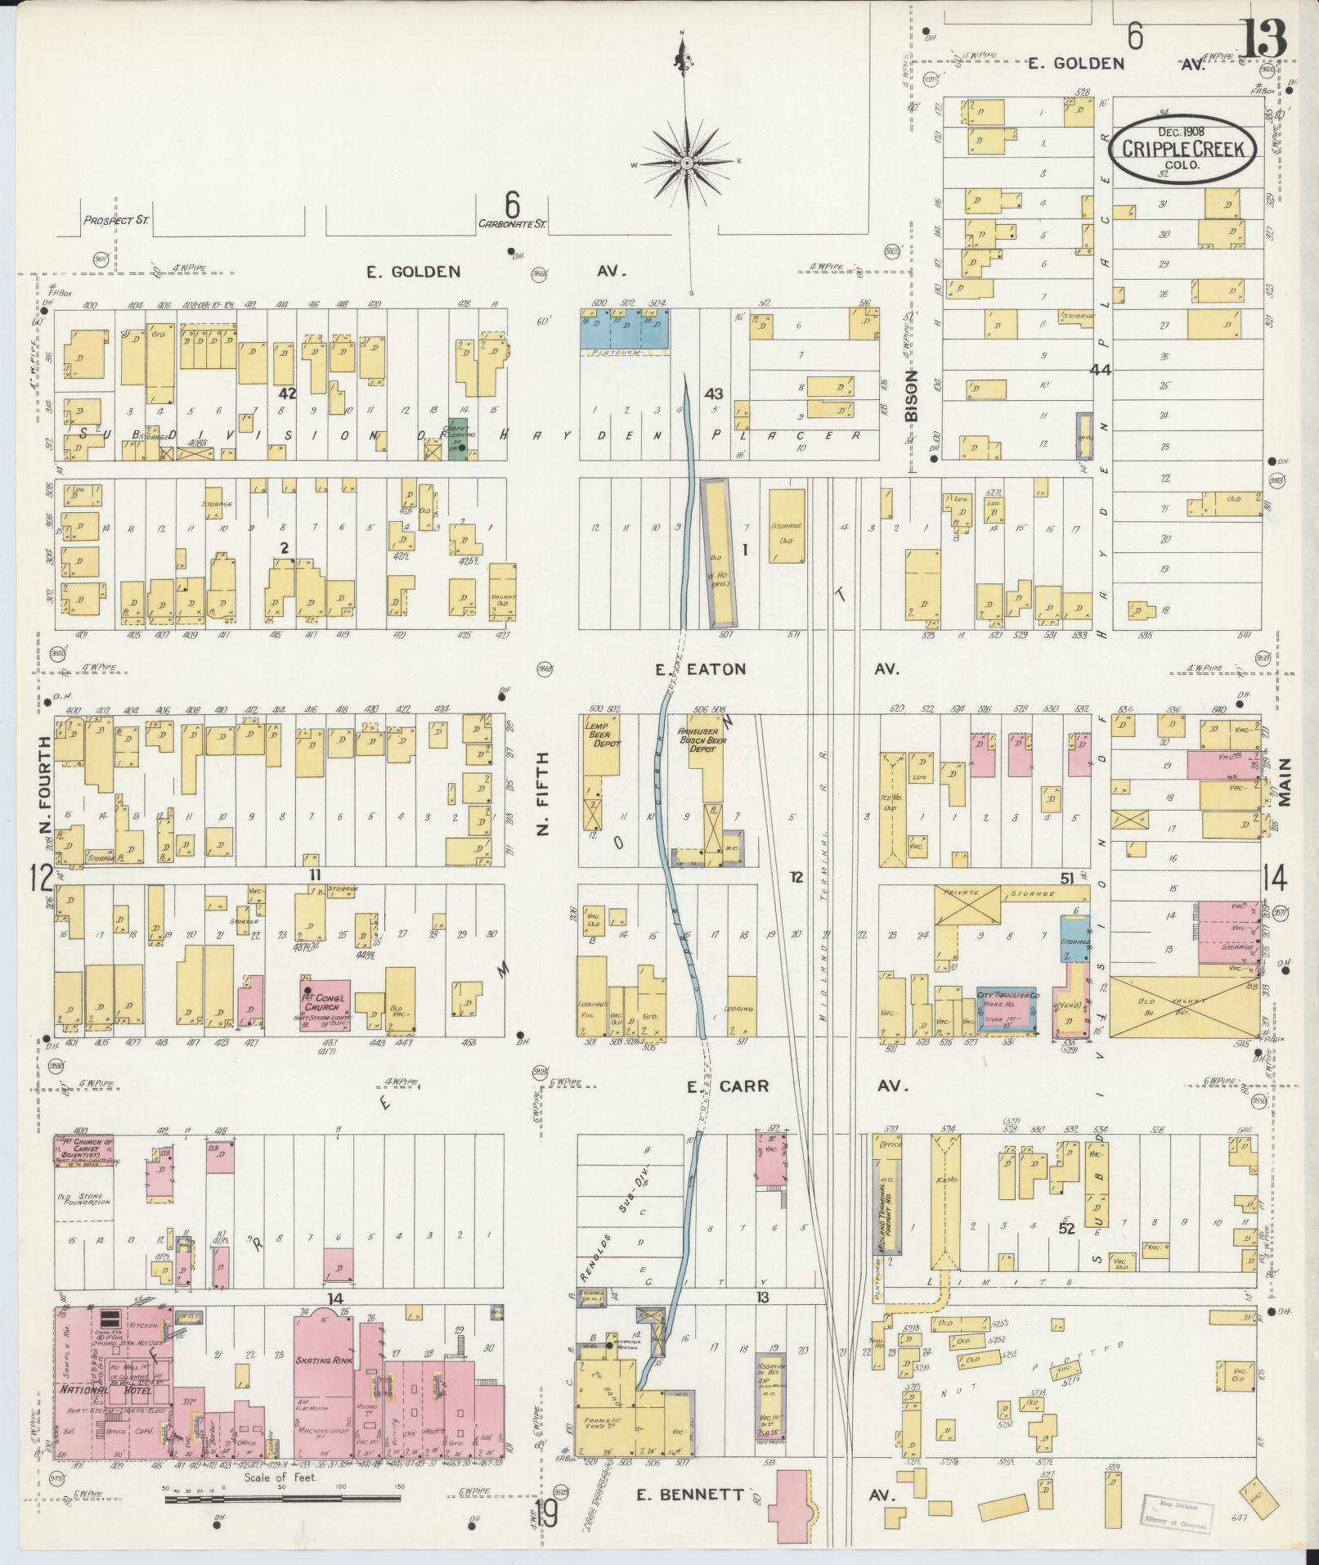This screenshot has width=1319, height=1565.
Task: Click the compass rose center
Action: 688,164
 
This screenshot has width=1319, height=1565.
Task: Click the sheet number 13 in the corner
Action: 1264,38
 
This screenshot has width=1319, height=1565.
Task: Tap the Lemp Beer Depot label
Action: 602,734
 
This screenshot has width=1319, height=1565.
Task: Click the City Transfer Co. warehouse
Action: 1007,1007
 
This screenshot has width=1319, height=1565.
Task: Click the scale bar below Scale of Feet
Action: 282,1499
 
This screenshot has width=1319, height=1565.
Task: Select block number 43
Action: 714,394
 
